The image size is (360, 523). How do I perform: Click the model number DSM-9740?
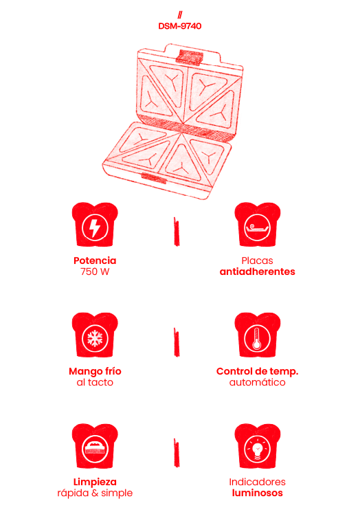click(x=180, y=26)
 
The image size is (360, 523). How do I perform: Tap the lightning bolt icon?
click(x=95, y=227)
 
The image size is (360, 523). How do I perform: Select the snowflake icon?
click(x=95, y=338)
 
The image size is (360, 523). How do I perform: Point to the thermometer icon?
click(x=258, y=338)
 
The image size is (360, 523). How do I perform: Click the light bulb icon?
click(x=258, y=449)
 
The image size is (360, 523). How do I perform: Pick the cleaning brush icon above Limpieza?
click(x=95, y=449)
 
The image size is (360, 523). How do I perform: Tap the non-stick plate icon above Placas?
click(x=258, y=227)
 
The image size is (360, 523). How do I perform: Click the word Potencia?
click(x=95, y=260)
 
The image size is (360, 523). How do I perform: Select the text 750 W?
click(x=95, y=271)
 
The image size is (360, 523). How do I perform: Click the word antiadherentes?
click(x=258, y=271)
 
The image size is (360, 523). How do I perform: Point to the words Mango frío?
click(x=95, y=371)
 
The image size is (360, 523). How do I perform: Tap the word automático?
click(x=258, y=382)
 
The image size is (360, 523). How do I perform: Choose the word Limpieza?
click(x=95, y=482)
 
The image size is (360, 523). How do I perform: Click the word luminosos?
click(x=258, y=493)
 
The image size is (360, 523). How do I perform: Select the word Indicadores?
click(x=258, y=482)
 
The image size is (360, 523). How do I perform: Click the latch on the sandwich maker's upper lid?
click(x=190, y=57)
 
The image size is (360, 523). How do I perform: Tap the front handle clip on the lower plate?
click(x=154, y=179)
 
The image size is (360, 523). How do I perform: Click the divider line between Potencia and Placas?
click(x=177, y=232)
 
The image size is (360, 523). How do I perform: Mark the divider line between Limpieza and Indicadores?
click(x=177, y=453)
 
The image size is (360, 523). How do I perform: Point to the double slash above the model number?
click(x=180, y=14)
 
